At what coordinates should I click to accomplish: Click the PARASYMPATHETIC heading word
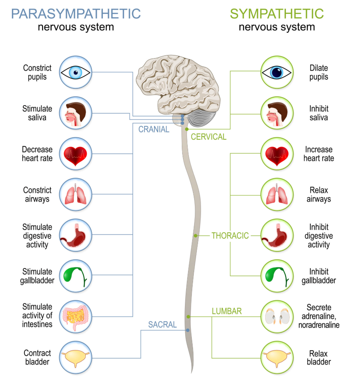tap(76, 14)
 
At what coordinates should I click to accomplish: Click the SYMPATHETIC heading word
tap(277, 14)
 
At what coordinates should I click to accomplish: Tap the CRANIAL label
tap(154, 130)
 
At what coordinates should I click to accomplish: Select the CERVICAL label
tap(209, 137)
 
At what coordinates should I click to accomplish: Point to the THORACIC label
tap(230, 236)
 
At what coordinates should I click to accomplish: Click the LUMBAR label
tap(227, 311)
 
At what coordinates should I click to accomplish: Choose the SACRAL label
tap(162, 325)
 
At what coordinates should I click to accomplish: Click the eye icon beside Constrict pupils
tap(76, 72)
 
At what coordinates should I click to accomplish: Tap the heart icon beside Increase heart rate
tap(277, 154)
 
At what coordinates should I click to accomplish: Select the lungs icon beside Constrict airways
tap(76, 195)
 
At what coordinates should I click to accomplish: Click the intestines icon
tap(76, 316)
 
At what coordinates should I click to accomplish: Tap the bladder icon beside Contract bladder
tap(76, 357)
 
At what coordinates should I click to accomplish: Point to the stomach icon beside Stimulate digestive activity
tap(76, 236)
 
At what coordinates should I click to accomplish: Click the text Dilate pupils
tap(319, 72)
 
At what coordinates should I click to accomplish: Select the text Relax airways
tap(319, 195)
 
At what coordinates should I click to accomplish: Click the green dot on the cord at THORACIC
tap(195, 236)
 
